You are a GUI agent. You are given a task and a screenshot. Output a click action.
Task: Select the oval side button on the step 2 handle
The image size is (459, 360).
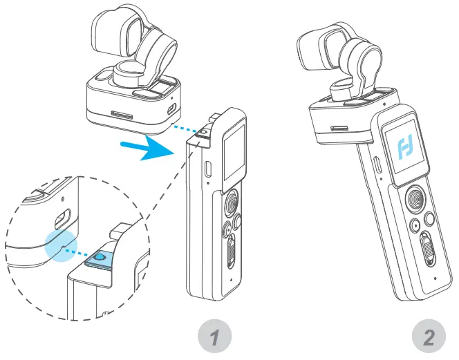[x=377, y=164]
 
